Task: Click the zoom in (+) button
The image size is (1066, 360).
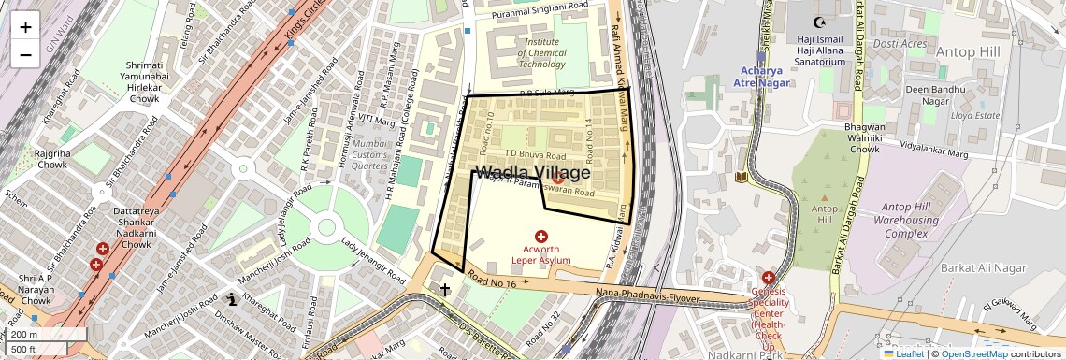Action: point(25,26)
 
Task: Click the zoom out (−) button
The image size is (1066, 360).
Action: point(25,54)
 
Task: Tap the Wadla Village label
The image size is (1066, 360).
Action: point(533,173)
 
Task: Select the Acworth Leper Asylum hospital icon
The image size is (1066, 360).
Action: point(540,237)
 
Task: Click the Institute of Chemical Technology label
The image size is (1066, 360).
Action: point(542,53)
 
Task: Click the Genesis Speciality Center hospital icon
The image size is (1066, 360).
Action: point(768,278)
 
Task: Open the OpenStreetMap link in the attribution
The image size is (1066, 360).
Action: point(973,354)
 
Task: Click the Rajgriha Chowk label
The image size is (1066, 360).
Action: point(52,158)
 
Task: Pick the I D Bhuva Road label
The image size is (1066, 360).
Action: point(537,154)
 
